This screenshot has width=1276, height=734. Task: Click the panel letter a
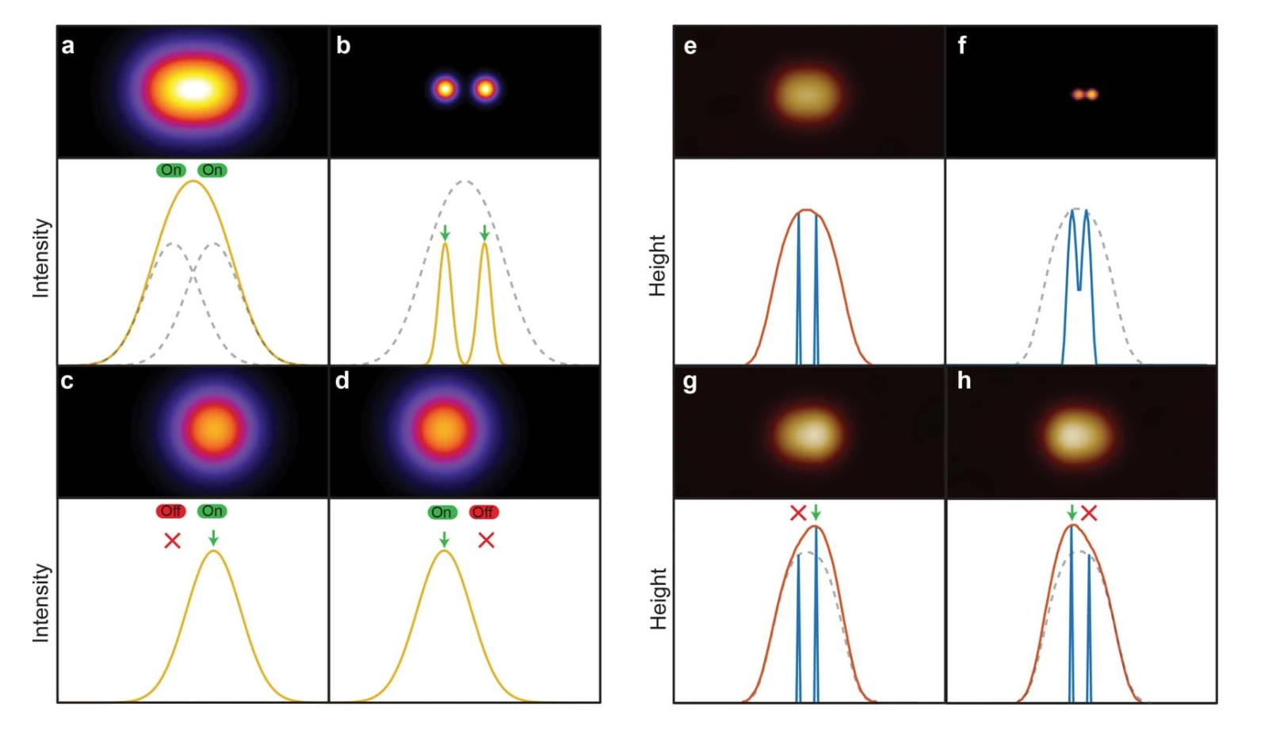click(68, 46)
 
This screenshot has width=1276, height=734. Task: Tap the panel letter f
click(961, 46)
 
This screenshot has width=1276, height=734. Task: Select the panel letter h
click(964, 381)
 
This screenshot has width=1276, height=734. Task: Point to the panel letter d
click(342, 381)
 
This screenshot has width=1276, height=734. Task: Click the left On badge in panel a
click(171, 170)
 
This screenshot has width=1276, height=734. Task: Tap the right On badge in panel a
click(212, 170)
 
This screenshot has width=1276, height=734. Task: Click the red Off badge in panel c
click(170, 511)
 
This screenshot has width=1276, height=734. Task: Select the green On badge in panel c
click(212, 511)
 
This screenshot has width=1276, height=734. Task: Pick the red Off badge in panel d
click(483, 513)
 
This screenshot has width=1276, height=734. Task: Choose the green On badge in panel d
click(441, 513)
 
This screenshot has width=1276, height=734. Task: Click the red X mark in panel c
click(172, 541)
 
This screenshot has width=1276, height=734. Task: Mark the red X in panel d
click(486, 541)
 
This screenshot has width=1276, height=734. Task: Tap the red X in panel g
click(798, 514)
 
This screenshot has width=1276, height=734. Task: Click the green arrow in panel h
click(1072, 513)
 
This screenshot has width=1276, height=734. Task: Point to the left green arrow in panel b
click(445, 232)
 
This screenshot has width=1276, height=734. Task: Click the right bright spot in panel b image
click(485, 89)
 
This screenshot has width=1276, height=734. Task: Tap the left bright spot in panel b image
click(445, 89)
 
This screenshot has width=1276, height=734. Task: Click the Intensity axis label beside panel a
click(41, 258)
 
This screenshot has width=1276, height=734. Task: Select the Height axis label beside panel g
click(658, 599)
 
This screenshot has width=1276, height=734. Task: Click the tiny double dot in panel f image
click(1085, 95)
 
